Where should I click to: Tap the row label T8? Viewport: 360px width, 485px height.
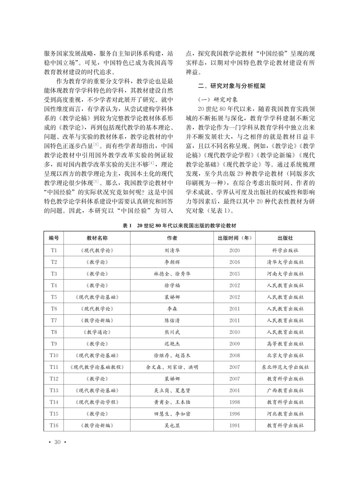54,331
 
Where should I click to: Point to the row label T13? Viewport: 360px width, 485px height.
54,390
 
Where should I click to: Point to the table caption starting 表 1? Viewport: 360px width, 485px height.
180,225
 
